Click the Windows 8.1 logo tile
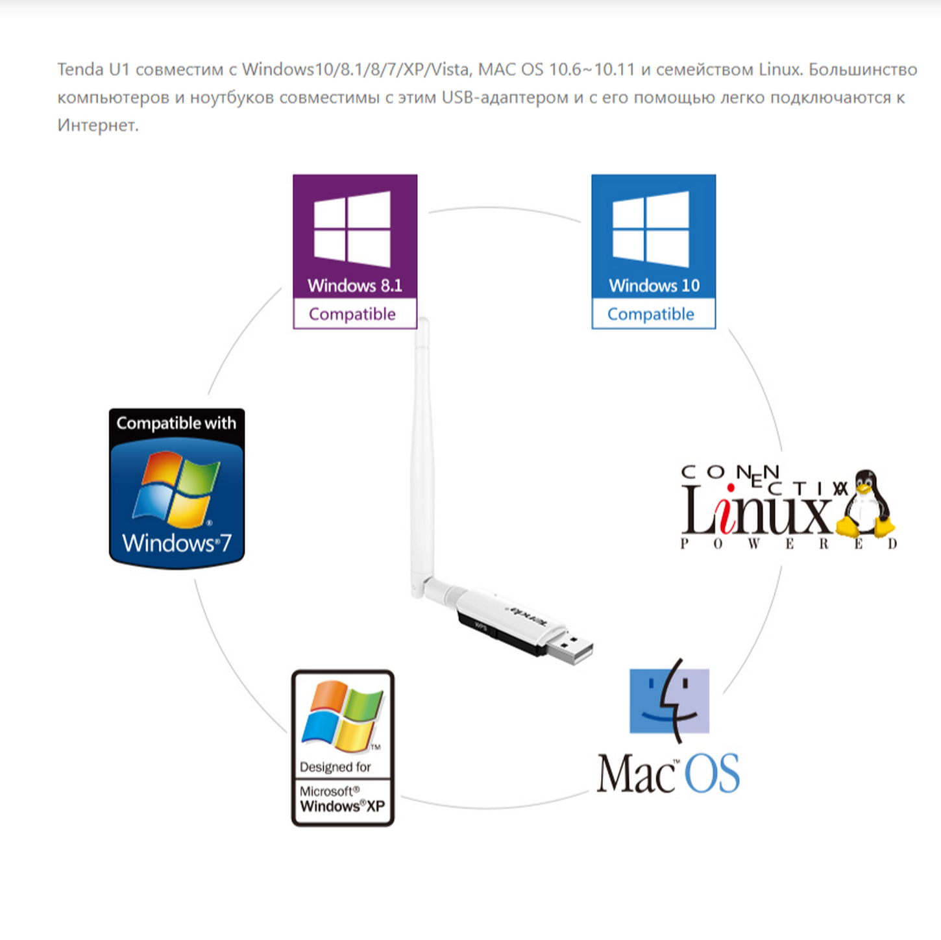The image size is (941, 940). pos(355,251)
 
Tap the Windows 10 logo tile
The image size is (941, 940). pos(654,251)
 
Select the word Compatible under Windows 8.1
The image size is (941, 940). pos(352,314)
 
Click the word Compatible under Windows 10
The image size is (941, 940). pos(650,314)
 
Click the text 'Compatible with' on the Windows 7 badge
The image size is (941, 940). pos(177,423)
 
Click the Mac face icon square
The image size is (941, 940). pos(669,700)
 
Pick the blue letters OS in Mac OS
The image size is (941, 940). pos(712,773)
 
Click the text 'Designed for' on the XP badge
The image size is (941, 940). pos(336,767)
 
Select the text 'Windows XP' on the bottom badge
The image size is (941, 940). pos(343,806)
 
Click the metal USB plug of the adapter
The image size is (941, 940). pos(570,649)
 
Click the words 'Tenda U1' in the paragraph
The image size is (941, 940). pos(93,69)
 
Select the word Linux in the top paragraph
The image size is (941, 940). pos(780,69)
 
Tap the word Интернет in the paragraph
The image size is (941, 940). pos(97,125)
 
